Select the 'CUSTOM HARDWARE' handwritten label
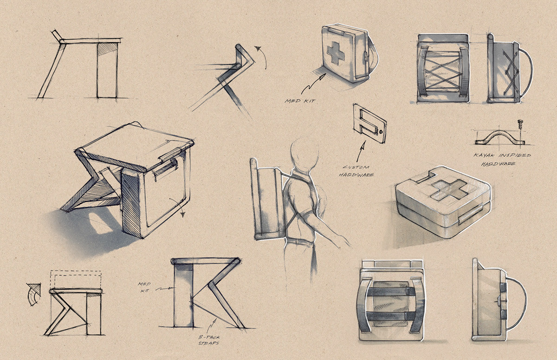coord(358,171)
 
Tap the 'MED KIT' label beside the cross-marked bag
coord(298,99)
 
